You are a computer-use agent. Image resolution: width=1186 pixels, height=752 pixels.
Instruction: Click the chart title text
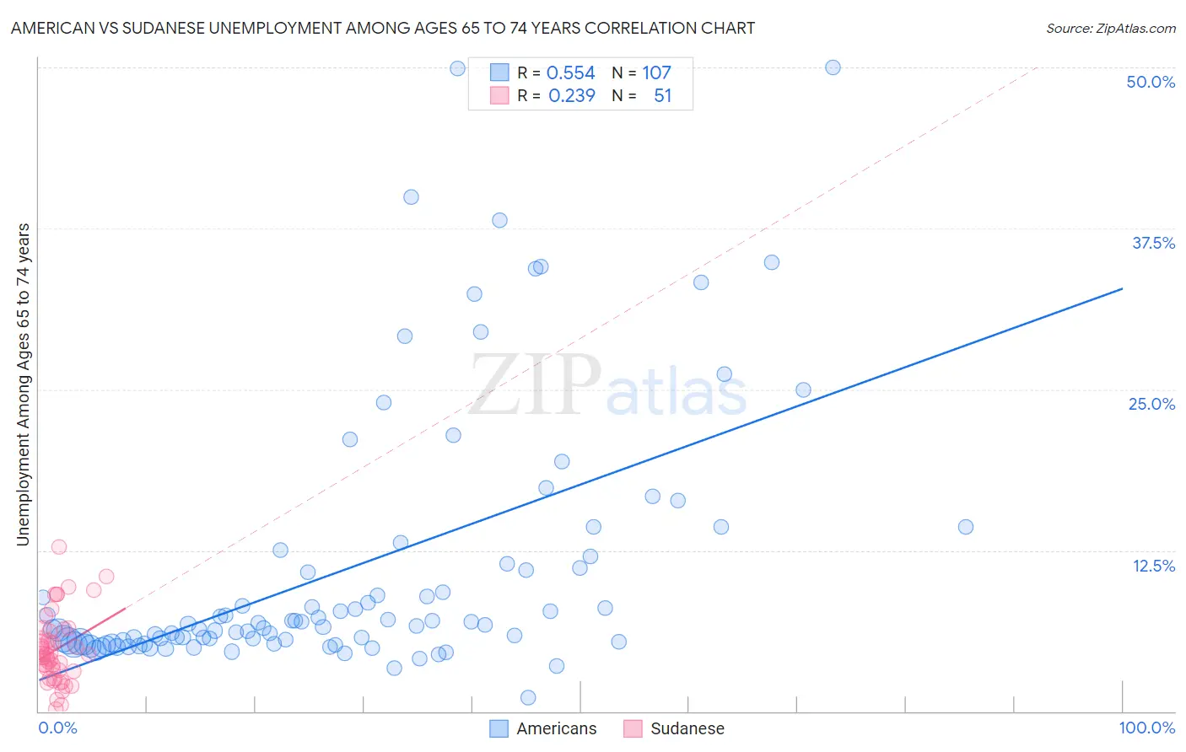[382, 28]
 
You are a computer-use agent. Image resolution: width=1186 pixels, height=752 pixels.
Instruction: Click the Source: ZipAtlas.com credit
[1110, 28]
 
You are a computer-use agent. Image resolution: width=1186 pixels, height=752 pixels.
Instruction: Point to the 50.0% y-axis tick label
[1151, 82]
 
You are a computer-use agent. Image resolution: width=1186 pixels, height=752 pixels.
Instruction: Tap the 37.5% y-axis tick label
[1153, 243]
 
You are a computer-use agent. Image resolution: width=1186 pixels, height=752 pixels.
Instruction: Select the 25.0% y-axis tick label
[1151, 404]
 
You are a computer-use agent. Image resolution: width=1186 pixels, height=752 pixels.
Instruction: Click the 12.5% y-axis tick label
[1153, 566]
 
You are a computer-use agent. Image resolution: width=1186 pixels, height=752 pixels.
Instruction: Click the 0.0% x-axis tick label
[57, 728]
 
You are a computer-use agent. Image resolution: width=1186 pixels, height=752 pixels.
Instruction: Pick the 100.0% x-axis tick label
[1146, 728]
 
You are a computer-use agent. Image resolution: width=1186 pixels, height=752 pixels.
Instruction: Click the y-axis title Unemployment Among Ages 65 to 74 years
[23, 384]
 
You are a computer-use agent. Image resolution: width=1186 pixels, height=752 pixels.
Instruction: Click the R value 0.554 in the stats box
[570, 73]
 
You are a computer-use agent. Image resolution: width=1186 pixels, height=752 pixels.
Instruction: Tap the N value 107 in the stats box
[656, 73]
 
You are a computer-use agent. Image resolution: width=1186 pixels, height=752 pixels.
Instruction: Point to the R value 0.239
[571, 96]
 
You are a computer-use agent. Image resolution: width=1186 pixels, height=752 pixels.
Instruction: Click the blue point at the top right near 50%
[833, 67]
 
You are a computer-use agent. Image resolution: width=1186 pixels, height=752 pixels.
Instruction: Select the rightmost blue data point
[966, 527]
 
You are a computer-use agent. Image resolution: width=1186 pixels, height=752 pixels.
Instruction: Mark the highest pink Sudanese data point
[59, 546]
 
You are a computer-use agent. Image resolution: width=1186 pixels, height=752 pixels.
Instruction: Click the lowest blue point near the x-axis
[528, 697]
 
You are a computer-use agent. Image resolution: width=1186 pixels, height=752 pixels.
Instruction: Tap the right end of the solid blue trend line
[1122, 289]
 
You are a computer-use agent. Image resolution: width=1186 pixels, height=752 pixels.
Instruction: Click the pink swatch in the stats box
[499, 95]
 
